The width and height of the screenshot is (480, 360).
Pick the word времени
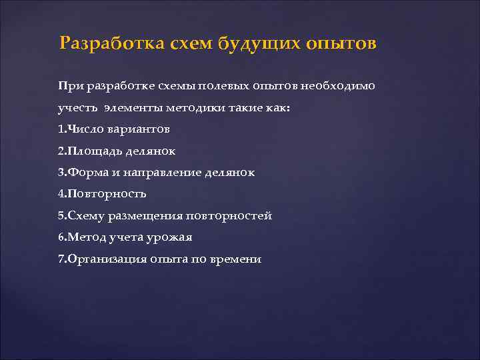tap(238, 259)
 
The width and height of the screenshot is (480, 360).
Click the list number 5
tap(61, 216)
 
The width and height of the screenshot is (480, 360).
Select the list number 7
tap(61, 259)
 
